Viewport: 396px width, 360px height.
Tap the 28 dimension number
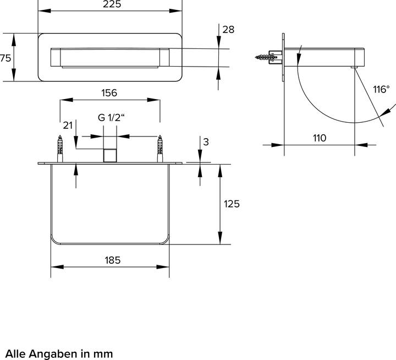coord(228,30)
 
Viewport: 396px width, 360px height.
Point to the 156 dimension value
coord(109,93)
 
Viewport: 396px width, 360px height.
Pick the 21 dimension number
coord(67,126)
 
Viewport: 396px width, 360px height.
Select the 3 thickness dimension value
coord(206,141)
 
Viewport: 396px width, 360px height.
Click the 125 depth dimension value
coord(232,204)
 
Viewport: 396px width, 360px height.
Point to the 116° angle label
coord(380,89)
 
